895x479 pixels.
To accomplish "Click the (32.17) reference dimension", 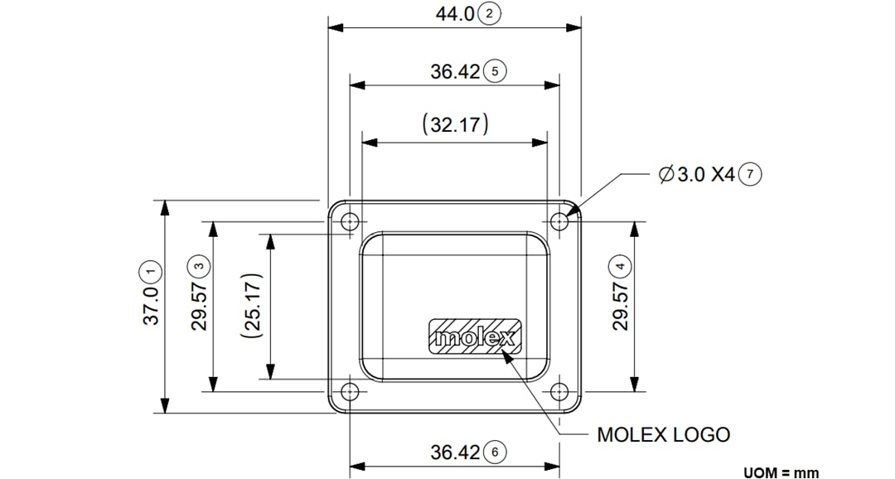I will click(x=455, y=125).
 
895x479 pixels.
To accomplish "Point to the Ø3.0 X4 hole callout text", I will click(x=696, y=175).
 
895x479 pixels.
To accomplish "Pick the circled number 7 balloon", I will click(x=750, y=175).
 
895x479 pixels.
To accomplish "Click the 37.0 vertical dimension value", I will click(x=151, y=307).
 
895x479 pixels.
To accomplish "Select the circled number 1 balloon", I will click(x=151, y=270).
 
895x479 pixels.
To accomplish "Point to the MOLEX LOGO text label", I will click(x=664, y=435).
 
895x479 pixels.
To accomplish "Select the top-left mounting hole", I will click(x=351, y=221).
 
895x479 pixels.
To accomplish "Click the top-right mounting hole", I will click(x=561, y=221).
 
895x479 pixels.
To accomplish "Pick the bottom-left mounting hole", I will click(x=351, y=391).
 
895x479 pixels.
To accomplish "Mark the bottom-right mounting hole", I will click(x=561, y=391).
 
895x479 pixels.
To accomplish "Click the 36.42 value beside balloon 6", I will click(x=455, y=452).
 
